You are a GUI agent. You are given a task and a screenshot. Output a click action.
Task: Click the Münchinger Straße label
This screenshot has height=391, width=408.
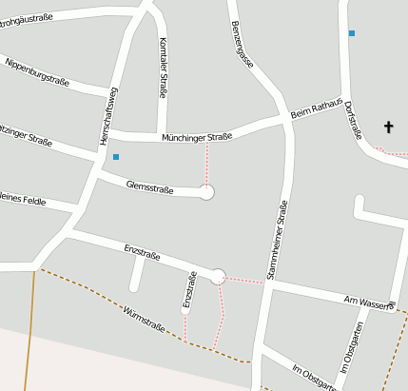197,138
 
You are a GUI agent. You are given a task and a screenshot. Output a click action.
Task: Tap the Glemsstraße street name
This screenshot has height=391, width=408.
149,188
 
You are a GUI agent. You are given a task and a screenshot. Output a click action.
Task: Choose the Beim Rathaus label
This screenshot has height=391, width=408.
315,111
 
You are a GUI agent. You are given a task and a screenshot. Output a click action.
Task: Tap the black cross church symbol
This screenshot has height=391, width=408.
388,126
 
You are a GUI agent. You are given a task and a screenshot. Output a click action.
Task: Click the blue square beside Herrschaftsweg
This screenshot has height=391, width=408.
116,156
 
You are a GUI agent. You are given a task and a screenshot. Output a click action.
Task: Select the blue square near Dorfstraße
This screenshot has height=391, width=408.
351,33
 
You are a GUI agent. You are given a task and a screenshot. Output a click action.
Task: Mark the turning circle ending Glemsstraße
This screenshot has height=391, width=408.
207,192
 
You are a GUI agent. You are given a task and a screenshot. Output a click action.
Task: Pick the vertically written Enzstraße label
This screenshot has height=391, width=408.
188,291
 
